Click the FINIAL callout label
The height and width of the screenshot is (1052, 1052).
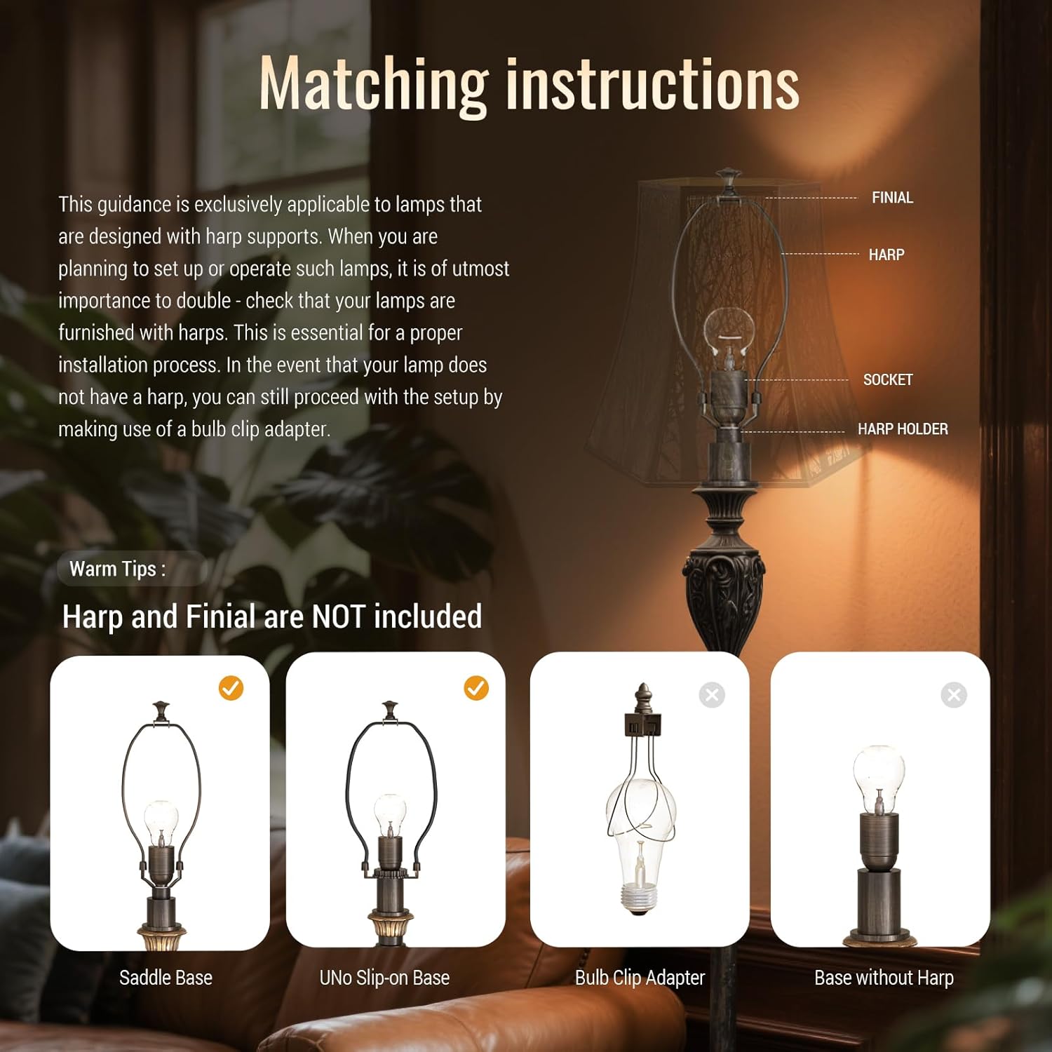pos(892,198)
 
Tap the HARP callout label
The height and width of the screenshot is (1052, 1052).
pos(886,255)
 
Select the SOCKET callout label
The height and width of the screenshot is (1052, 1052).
pos(888,379)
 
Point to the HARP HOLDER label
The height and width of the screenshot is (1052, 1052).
pos(903,429)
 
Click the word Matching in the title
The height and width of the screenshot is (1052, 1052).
pos(374,86)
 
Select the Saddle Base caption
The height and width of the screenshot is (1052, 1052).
pos(166,978)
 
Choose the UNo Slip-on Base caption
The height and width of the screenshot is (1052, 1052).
pos(384,978)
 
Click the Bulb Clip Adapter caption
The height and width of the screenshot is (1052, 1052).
pos(640,978)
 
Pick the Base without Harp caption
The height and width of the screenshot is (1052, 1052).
pos(884,978)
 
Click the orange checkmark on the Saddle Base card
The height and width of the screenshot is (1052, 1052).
pos(231,689)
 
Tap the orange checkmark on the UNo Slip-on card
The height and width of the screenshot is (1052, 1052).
pos(476,688)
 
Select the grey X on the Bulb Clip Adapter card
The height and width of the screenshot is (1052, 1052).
pos(712,695)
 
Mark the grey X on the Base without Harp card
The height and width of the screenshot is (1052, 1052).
pos(954,695)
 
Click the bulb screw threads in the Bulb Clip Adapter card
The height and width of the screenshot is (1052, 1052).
pos(638,898)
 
